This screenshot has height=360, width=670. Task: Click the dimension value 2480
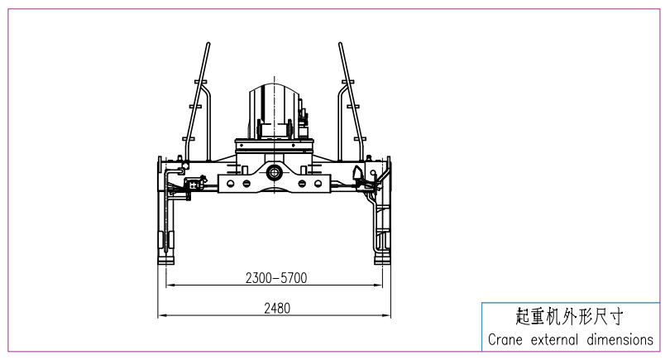[x=277, y=308]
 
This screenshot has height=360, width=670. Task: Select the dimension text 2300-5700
[x=276, y=278]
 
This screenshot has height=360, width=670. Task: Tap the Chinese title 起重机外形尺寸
[x=569, y=317]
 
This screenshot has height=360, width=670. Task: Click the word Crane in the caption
[x=505, y=340]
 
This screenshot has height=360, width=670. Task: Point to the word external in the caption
[x=554, y=340]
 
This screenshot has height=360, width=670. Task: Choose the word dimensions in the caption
[x=620, y=340]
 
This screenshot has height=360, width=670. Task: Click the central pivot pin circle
[x=274, y=173]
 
